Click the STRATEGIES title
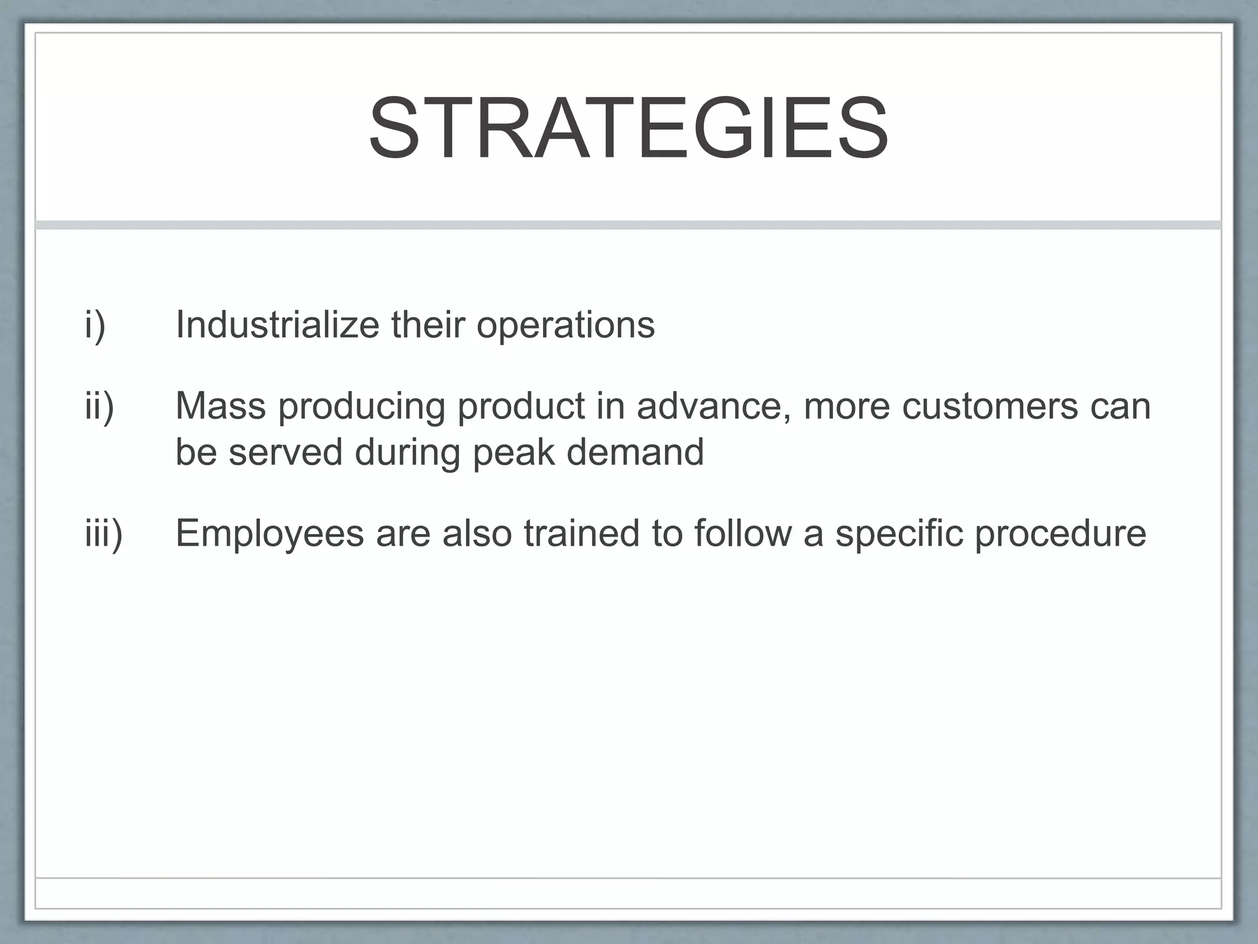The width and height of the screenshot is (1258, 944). tap(628, 130)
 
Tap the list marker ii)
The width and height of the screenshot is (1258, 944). tap(100, 406)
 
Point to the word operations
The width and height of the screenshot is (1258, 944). tap(566, 325)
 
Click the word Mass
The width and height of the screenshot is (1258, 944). tap(221, 406)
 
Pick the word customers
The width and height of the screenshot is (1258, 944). tap(990, 406)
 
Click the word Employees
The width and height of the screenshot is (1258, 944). tap(270, 533)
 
